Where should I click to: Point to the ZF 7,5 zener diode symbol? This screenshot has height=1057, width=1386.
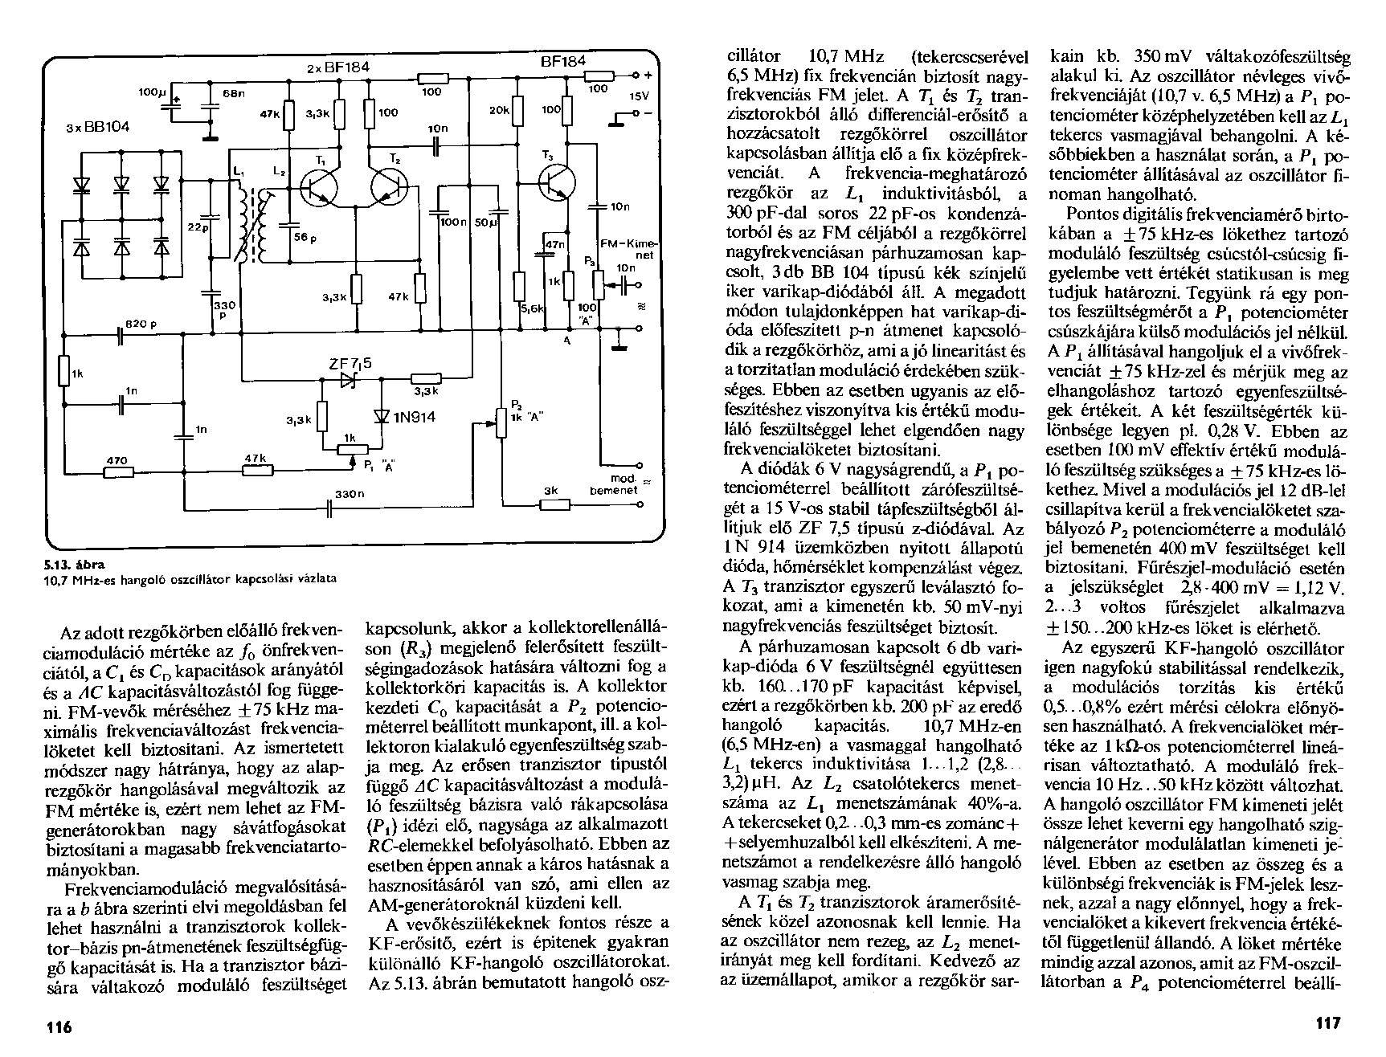tap(348, 380)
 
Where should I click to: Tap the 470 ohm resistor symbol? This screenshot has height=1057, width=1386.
tap(118, 472)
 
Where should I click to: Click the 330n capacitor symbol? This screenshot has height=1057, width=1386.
tap(330, 509)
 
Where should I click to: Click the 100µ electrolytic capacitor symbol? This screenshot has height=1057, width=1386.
tap(172, 100)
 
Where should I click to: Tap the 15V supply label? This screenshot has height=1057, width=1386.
tap(638, 96)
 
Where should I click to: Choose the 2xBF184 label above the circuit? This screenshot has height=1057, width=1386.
tap(337, 68)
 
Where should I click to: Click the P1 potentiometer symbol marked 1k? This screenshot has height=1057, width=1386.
tap(350, 450)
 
